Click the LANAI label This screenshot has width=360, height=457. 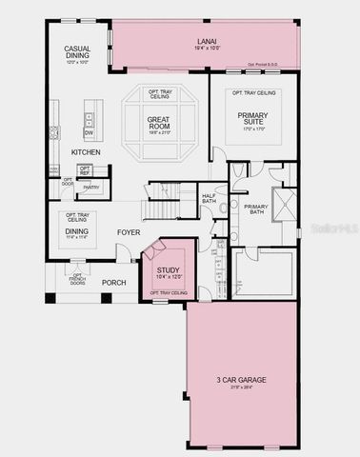pos(207,41)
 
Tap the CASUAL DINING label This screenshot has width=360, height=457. pos(77,53)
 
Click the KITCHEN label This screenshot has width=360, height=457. pos(87,152)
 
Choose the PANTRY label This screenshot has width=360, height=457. pos(91,188)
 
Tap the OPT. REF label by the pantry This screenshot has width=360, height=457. pos(86,170)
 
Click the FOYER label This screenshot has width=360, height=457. pos(130,231)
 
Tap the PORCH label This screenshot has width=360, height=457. pos(114,282)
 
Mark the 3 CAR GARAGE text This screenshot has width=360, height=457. pos(240,382)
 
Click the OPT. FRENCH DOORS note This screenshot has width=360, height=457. pos(78,279)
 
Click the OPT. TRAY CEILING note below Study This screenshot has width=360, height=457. pos(168,292)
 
